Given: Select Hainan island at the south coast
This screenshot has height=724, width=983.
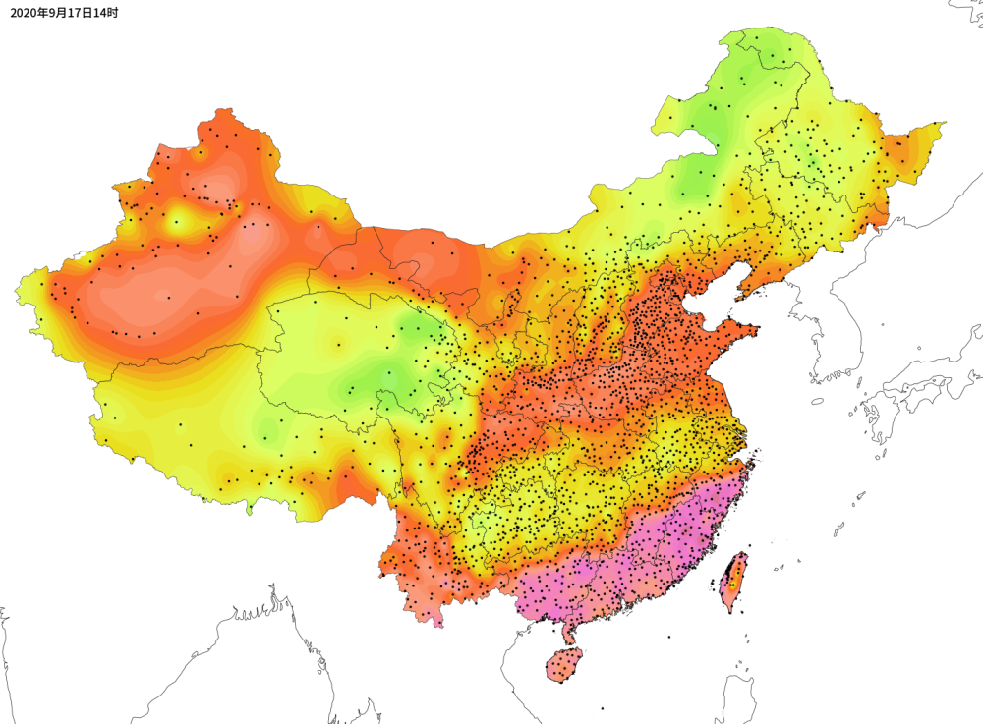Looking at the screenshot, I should pyautogui.click(x=564, y=665).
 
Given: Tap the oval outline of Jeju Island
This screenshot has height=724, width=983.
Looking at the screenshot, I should pyautogui.click(x=817, y=401).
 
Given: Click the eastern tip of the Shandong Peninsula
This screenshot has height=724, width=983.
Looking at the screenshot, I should pyautogui.click(x=758, y=330).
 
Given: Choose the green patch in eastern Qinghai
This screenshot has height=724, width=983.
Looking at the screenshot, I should pyautogui.click(x=393, y=373).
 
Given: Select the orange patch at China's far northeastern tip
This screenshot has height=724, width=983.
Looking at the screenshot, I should pyautogui.click(x=899, y=152).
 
